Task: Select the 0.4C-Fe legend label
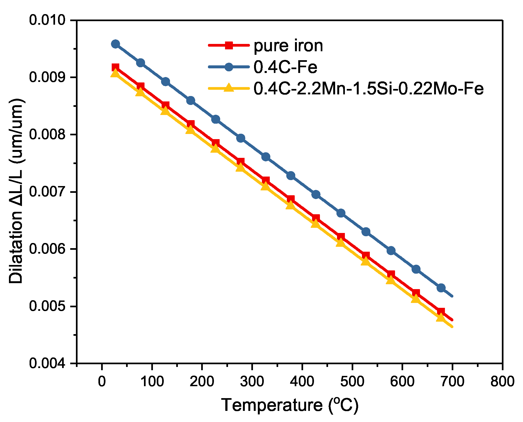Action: [285, 67]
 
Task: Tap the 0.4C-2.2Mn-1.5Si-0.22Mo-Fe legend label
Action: [368, 88]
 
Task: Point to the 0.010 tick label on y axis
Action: [47, 20]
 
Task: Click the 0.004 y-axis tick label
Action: [47, 363]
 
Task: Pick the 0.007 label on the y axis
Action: [47, 192]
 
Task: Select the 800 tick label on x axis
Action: [502, 382]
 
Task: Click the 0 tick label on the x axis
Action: [102, 382]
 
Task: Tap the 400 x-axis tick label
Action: [302, 382]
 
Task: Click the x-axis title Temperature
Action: [290, 405]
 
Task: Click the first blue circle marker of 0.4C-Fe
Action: [115, 44]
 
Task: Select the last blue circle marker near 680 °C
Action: [441, 288]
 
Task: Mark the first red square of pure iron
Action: [115, 68]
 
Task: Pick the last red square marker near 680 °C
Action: [441, 311]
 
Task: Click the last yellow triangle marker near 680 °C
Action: [441, 317]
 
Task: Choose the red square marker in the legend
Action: [229, 45]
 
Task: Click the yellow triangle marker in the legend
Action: [229, 88]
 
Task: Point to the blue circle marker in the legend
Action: [229, 67]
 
